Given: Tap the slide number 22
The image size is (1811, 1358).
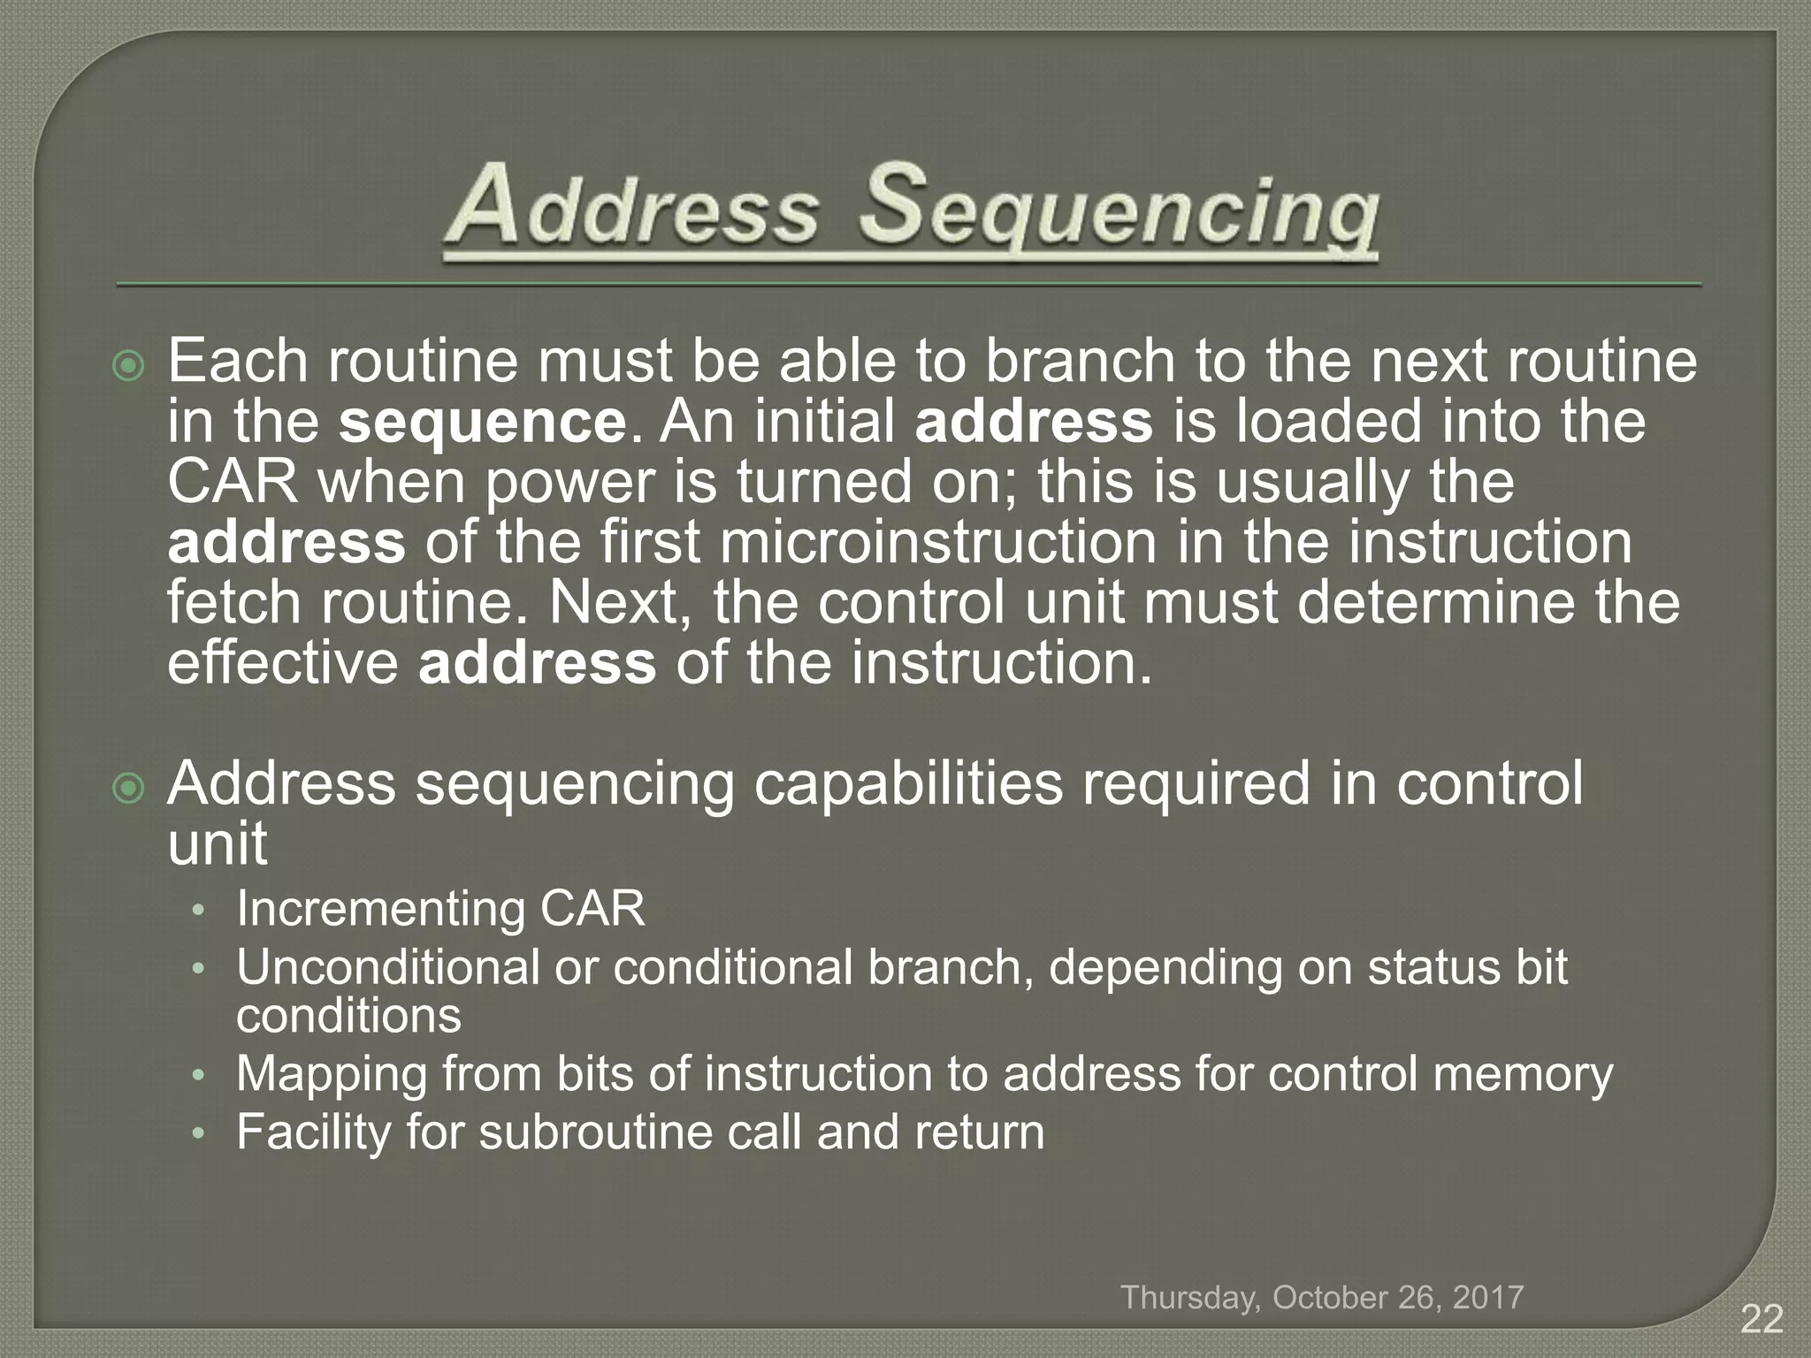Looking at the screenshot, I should point(1761,1319).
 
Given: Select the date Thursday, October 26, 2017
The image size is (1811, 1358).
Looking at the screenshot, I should point(1322,1297).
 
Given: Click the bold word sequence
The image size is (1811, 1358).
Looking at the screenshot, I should point(483,422).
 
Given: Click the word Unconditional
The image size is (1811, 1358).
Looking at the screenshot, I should point(387,966).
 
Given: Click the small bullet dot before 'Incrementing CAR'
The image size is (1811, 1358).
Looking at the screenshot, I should point(200,911).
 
